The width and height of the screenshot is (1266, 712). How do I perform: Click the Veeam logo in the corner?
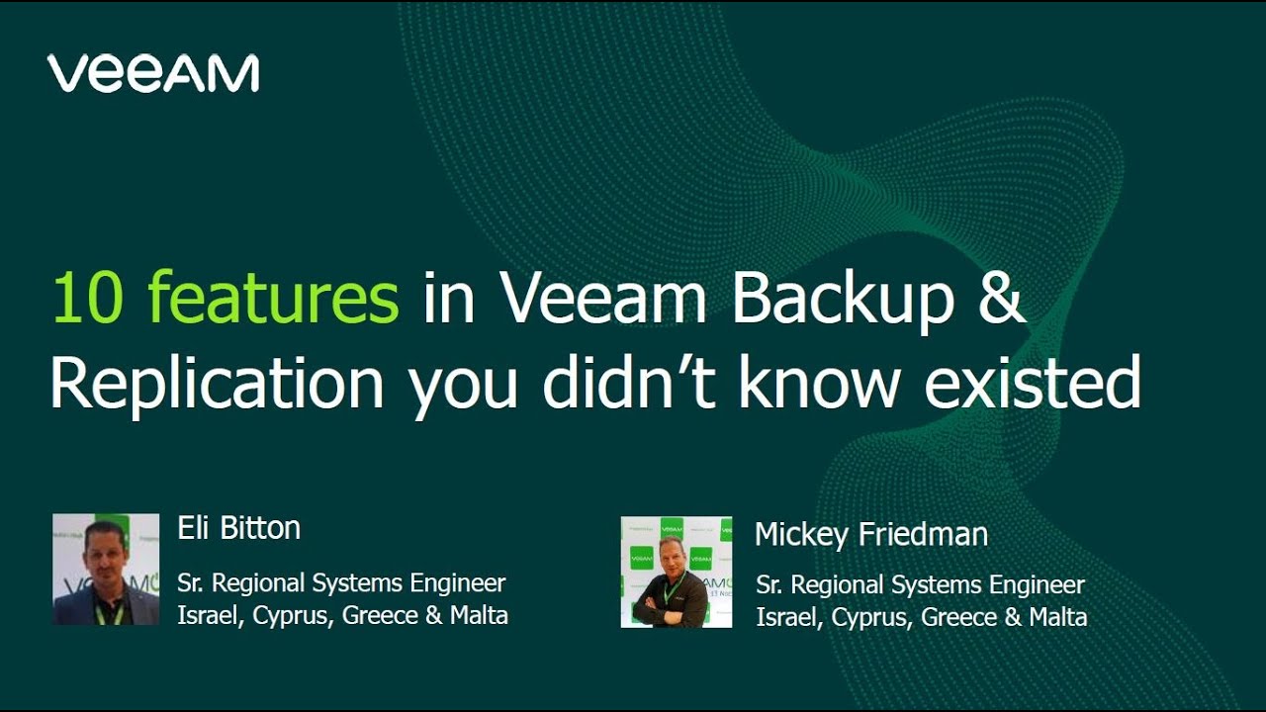coord(153,74)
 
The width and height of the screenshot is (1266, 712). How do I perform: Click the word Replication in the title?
coord(217,384)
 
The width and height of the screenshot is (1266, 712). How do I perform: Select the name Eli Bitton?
coord(238,528)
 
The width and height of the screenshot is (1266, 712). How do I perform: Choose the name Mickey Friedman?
coord(870,535)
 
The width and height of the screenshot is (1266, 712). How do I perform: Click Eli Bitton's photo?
coord(106,569)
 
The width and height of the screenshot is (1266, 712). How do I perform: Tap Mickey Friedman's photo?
coord(677,572)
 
